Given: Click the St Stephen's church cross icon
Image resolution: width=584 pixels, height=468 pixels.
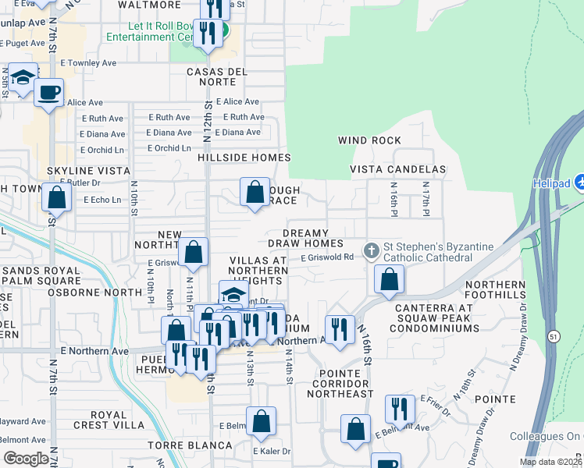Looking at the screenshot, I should click(371, 251).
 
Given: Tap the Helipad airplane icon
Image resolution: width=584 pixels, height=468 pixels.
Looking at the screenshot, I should click(579, 182).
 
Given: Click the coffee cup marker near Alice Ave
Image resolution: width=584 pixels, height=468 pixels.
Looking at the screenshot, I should click(49, 93).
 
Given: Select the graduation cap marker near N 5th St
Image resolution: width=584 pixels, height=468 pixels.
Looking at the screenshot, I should click(23, 77).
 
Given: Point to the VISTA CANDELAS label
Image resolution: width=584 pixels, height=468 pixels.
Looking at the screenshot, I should click(397, 169).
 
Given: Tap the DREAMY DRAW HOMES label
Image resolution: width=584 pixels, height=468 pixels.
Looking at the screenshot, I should click(313, 239).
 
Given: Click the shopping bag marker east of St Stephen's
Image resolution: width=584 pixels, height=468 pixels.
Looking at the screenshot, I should click(389, 279).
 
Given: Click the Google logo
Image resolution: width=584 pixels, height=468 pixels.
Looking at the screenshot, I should click(25, 458).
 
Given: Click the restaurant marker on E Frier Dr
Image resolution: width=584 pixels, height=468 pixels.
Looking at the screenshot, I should click(400, 409).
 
